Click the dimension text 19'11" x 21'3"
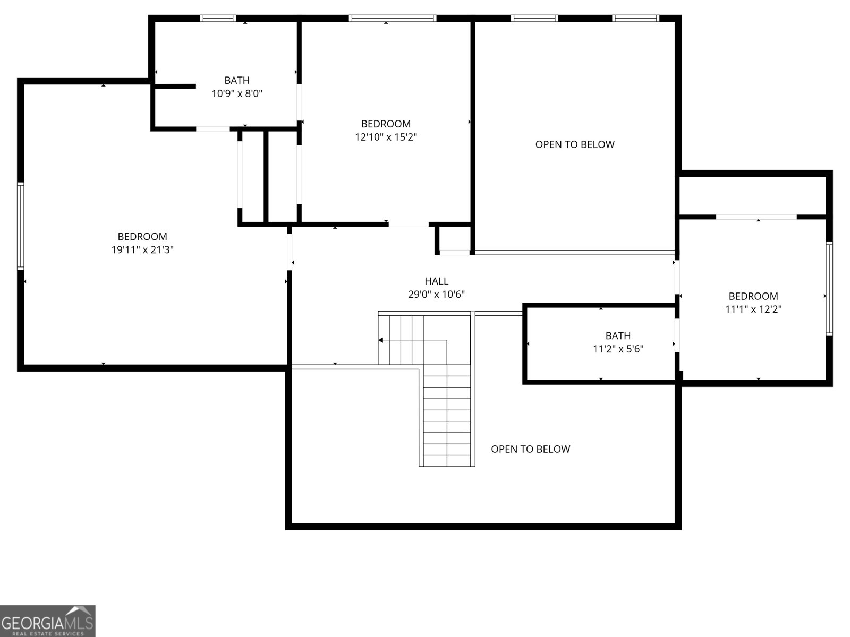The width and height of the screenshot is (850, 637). click(142, 250)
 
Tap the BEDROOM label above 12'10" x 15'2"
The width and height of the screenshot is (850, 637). click(386, 124)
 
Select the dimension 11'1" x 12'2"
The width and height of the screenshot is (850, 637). click(753, 309)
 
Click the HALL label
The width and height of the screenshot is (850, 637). click(436, 281)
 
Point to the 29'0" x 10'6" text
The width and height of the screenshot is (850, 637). click(436, 295)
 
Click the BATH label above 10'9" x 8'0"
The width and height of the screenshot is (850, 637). click(237, 81)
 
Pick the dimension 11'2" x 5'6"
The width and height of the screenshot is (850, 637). click(618, 349)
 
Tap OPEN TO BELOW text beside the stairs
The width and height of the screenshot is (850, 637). click(530, 449)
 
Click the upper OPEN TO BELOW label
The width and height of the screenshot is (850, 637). click(574, 144)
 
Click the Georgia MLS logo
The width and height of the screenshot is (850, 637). click(48, 621)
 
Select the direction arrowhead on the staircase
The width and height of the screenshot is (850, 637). click(381, 340)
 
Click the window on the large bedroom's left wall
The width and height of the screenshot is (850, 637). click(21, 226)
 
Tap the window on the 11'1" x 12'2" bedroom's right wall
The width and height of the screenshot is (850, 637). click(829, 288)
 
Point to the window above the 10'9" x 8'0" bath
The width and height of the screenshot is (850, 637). click(218, 19)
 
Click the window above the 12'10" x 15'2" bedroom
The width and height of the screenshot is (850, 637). click(392, 19)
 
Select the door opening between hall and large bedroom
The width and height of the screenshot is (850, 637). click(290, 252)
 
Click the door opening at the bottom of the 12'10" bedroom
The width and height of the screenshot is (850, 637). click(408, 225)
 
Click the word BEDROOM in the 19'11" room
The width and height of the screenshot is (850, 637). click(142, 237)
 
